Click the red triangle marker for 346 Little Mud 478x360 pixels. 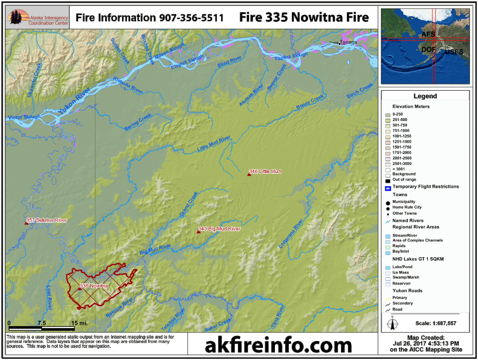click(249, 174)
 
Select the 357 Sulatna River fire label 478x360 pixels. click(47, 220)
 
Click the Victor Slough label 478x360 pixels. click(24, 117)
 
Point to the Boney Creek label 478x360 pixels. click(309, 102)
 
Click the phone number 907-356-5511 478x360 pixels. click(191, 18)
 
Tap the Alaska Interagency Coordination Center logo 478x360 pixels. click(38, 18)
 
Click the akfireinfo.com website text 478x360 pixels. click(278, 345)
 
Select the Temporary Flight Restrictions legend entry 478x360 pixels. click(425, 187)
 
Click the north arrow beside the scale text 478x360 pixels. click(392, 323)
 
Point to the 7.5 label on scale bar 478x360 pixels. click(42, 323)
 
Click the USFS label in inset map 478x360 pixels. click(454, 52)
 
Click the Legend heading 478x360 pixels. click(425, 96)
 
